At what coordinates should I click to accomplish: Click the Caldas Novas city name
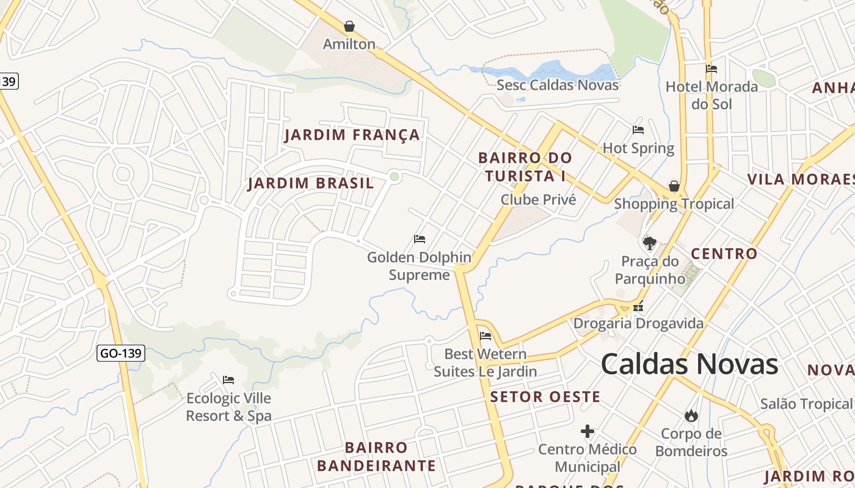coord(689,364)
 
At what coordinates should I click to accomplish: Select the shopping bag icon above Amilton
coord(349,26)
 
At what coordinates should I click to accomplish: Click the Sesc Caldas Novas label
coord(558,85)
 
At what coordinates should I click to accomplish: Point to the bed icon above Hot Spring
coord(638,130)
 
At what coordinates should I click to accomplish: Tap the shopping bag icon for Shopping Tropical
coord(674,186)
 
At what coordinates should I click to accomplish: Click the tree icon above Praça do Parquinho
coord(650,243)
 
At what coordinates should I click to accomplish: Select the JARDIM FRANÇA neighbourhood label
coord(352,135)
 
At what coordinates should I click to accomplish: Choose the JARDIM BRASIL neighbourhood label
coord(311,184)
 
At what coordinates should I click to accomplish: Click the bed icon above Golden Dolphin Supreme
coord(420,239)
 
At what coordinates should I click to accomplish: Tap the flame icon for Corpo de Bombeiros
coord(691,416)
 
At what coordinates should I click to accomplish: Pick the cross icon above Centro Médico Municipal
coord(588,432)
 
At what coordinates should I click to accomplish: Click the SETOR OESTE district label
coord(545,397)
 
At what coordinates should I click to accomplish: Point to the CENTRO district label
coord(724,254)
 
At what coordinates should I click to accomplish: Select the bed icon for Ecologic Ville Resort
coord(228,380)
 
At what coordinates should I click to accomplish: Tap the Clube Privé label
coord(538,199)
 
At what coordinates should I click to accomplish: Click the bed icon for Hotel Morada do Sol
coord(711,69)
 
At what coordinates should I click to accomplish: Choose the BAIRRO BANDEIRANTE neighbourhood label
coord(376,457)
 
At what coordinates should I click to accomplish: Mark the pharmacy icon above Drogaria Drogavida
coord(638,307)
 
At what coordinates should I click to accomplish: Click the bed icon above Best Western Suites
coord(486,336)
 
